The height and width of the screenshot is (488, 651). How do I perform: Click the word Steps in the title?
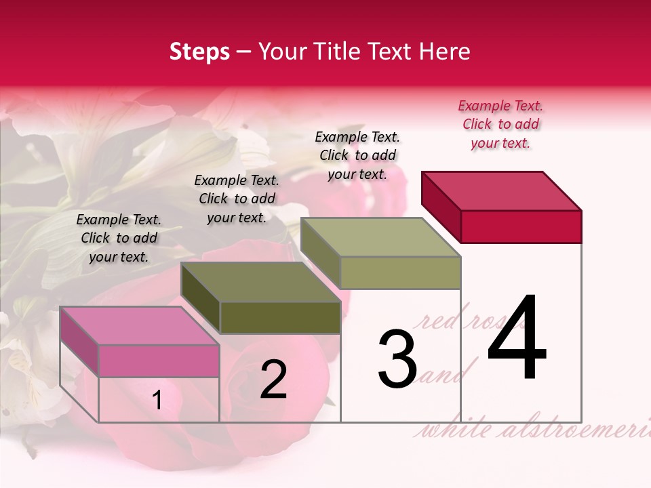199,52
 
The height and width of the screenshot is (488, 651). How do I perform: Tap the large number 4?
517,338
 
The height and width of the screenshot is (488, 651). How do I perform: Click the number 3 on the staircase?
397,359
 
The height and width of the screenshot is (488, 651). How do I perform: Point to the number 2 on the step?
273,380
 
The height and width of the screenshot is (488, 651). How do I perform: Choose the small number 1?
157,401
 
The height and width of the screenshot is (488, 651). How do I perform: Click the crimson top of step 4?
502,190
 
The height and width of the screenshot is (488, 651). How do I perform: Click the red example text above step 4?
500,124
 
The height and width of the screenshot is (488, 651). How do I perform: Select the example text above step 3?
357,155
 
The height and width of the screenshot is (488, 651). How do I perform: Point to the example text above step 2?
237,199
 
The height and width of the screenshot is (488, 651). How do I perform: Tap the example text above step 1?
119,238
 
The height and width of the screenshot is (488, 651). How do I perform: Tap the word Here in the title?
445,52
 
